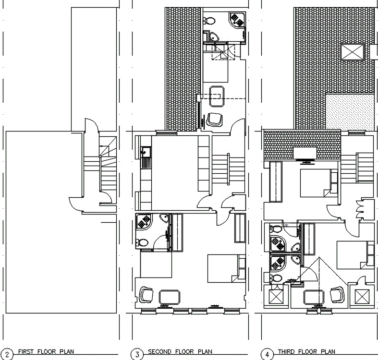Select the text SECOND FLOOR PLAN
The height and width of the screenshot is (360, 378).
tap(180, 352)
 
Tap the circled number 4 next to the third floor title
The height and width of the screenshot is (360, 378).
tap(267, 354)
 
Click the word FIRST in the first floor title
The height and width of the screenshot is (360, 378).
tap(26, 352)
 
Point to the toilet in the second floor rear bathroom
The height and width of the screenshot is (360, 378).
tap(210, 21)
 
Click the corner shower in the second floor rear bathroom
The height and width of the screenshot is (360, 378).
tap(237, 20)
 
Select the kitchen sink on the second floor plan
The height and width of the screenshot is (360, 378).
tap(144, 153)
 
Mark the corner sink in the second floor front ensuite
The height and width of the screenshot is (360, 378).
tap(164, 220)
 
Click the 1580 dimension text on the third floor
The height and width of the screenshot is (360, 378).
tap(284, 225)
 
